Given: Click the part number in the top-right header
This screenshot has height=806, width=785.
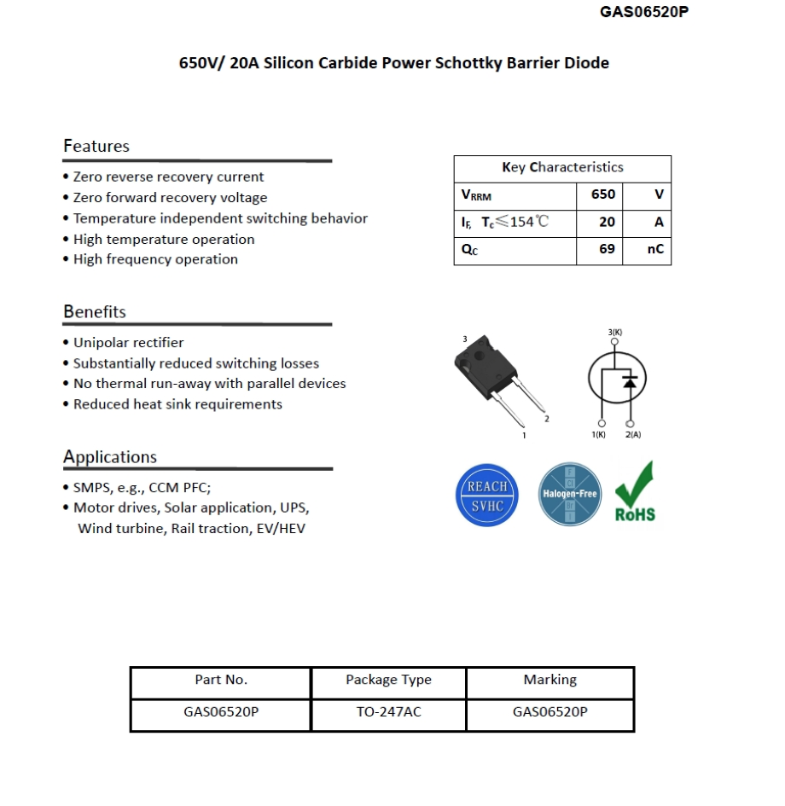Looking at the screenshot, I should pyautogui.click(x=643, y=12).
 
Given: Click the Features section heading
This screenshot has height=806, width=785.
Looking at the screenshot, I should pyautogui.click(x=96, y=146).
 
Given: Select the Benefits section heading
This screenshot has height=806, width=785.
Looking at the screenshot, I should pyautogui.click(x=95, y=311).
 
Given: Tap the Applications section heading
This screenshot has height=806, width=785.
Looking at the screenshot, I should pyautogui.click(x=110, y=456).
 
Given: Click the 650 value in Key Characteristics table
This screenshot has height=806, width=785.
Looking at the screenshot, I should pyautogui.click(x=602, y=194).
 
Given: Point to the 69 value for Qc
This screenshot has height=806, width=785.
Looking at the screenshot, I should pyautogui.click(x=606, y=250).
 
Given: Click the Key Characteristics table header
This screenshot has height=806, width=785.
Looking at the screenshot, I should pyautogui.click(x=562, y=167).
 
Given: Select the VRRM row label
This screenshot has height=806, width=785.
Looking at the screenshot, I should pyautogui.click(x=477, y=195).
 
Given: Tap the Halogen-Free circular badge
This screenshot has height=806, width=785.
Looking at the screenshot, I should pyautogui.click(x=570, y=494).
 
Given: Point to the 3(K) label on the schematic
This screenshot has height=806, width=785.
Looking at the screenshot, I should pyautogui.click(x=614, y=332).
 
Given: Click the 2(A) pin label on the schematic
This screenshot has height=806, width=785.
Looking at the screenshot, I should pyautogui.click(x=632, y=435).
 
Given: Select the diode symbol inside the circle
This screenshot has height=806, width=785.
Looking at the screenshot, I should pyautogui.click(x=630, y=381).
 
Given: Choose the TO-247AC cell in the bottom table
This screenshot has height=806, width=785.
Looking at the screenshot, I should pyautogui.click(x=388, y=712).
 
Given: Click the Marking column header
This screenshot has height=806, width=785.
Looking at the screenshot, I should pyautogui.click(x=549, y=680).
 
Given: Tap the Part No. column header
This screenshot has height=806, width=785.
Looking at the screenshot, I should pyautogui.click(x=221, y=680).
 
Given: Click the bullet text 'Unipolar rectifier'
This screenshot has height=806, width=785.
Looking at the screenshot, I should pyautogui.click(x=128, y=342).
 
